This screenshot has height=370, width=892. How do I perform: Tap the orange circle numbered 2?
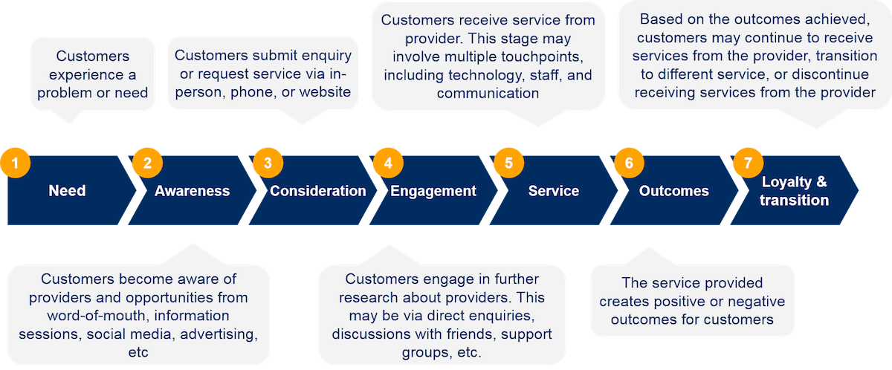tap(146, 163)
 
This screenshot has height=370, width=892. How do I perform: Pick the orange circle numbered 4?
tap(388, 163)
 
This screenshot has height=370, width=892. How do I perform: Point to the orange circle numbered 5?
tap(508, 163)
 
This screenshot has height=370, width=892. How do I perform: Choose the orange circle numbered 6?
tap(629, 163)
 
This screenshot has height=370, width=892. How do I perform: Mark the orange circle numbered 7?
tap(749, 163)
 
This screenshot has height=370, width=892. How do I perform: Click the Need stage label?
tap(67, 191)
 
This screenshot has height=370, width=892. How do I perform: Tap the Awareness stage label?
tap(192, 191)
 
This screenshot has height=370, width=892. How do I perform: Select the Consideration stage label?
tap(317, 191)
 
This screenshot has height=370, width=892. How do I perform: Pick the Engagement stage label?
tap(433, 191)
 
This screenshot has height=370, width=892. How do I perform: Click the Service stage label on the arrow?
tap(553, 191)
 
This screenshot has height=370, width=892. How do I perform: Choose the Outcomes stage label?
tap(673, 191)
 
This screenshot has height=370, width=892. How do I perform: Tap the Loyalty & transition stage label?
tap(794, 191)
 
